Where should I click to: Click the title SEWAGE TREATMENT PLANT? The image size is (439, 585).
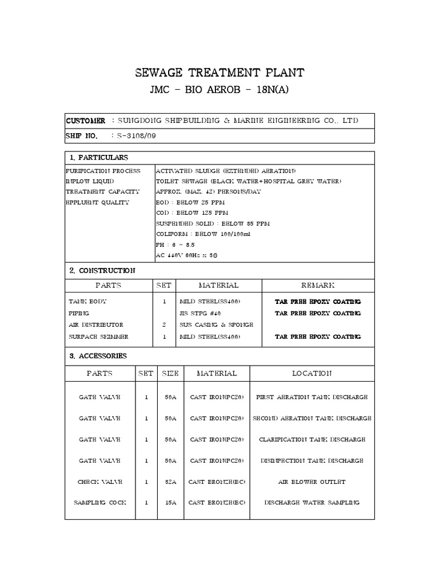pos(219,73)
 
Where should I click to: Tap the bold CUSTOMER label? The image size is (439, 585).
pos(86,121)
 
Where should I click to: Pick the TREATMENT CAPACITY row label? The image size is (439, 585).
pos(103,192)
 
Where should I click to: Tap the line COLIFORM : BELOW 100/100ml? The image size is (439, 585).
pos(195,234)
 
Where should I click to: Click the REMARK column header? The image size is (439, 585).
pos(318,285)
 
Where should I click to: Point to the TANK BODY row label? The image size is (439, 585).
pos(87,302)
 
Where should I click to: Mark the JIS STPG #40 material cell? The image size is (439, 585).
pos(201,313)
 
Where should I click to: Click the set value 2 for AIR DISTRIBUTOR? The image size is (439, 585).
pos(164,324)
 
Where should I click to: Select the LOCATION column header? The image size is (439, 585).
pos(312,374)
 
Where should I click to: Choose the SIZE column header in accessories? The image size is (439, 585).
pos(170,374)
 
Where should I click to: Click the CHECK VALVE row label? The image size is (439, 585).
pos(100,482)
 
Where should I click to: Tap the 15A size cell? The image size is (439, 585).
pos(170,503)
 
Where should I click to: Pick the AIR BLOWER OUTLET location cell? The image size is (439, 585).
pos(312,482)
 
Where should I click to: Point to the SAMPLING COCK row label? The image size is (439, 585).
pos(100,503)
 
